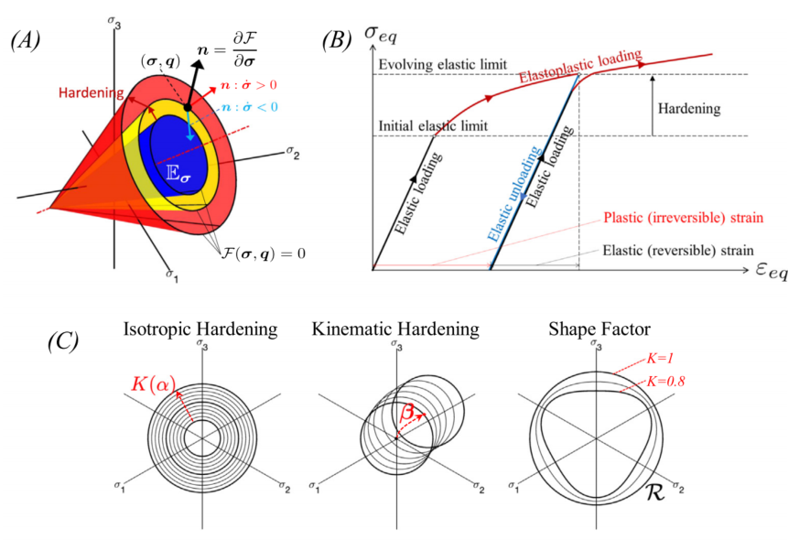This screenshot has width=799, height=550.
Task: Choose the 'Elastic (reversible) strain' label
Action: coord(677,249)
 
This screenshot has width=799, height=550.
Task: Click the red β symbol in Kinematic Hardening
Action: coord(407,412)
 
